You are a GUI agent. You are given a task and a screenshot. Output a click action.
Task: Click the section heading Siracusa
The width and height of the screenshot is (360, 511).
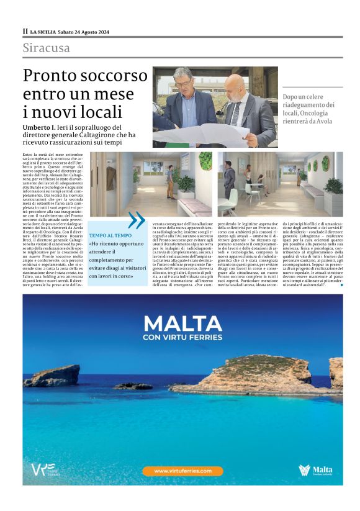[x=47, y=48]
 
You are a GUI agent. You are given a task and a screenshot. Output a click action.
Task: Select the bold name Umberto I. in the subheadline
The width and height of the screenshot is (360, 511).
[x=41, y=127]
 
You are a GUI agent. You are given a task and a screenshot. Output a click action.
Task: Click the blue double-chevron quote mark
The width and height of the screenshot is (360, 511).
[x=136, y=220]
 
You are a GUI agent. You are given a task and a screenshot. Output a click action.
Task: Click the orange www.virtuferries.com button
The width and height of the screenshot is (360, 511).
[x=179, y=471]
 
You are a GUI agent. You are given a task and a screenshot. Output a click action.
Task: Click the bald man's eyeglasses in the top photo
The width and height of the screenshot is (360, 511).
[x=237, y=87]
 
